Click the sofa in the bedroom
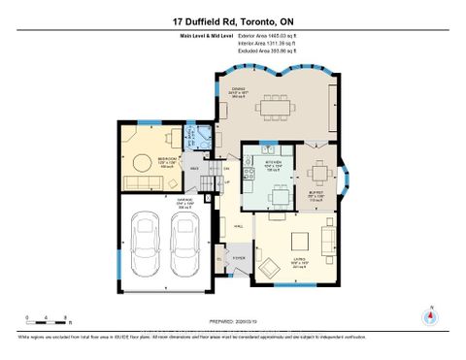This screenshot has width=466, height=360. [141, 183]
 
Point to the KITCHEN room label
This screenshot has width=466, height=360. [275, 162]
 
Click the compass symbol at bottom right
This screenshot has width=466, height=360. [428, 314]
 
